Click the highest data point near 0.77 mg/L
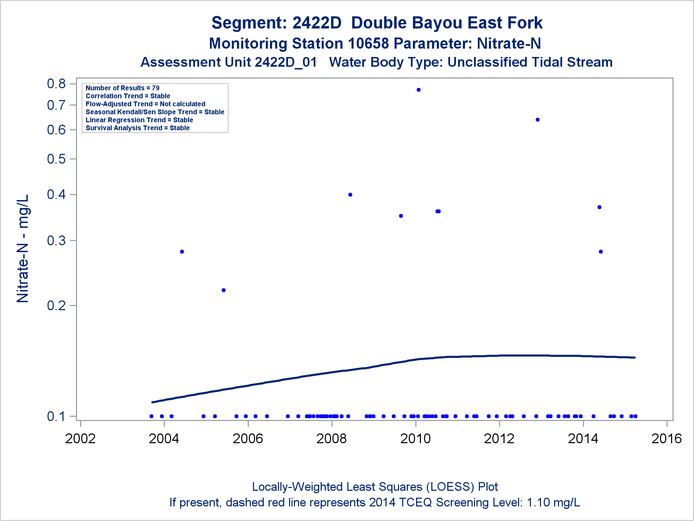coord(418,90)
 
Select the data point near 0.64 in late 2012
coord(538,120)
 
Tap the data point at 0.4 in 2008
coord(350,195)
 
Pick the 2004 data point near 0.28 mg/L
coord(182,252)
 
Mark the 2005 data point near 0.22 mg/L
coord(223,290)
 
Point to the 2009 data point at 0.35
coord(401,216)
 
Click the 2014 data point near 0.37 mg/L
coord(599,207)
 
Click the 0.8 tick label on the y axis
coord(56,84)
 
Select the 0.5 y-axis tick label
coord(56,159)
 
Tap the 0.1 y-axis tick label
coord(56,416)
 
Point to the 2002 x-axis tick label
coord(80,439)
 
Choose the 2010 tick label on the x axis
coord(415,439)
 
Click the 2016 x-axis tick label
coord(667,439)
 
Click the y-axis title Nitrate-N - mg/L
coord(23,249)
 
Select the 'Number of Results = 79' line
coord(122,88)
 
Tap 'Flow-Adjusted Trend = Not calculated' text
coord(145,104)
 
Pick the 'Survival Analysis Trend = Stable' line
coord(137,128)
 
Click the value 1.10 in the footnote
coord(538,503)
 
